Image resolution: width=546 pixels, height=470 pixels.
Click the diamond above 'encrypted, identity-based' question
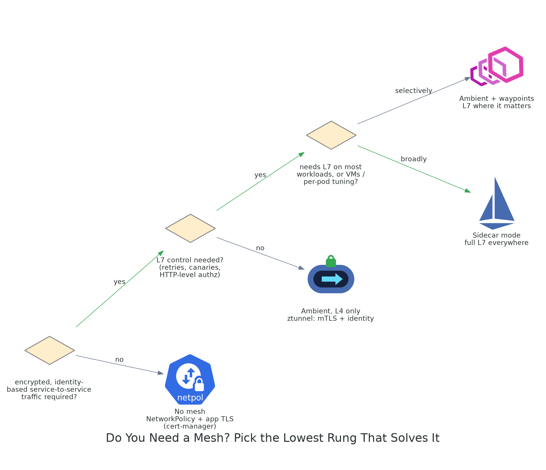coord(49,351)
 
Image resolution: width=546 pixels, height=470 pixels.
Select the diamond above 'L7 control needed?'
coord(190,228)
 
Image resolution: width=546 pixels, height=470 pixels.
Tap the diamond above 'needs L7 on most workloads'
coord(331,135)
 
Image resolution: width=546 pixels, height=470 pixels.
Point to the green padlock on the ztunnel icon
coord(331,261)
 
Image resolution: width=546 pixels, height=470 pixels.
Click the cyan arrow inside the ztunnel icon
coord(332,279)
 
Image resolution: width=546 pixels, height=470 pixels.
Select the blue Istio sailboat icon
coord(497,203)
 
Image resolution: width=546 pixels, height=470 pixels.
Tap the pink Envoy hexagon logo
coord(497,66)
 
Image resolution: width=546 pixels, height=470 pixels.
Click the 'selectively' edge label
coord(413,90)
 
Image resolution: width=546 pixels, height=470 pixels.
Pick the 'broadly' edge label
coord(413,159)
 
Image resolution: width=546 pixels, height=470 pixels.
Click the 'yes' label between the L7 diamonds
coord(260,175)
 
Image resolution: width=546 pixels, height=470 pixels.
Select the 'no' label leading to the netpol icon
coord(119,359)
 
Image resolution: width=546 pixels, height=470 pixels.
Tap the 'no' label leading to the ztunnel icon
coord(260,248)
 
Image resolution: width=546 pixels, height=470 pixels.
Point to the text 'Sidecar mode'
coord(497,235)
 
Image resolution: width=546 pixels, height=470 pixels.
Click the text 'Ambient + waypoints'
coord(497,98)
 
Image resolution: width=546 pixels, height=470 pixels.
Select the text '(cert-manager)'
coord(190,426)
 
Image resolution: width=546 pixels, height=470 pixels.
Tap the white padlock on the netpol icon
coord(199,384)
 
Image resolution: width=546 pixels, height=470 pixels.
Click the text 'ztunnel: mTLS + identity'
coord(330,318)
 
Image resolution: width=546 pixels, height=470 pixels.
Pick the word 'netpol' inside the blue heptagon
coord(190,398)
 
